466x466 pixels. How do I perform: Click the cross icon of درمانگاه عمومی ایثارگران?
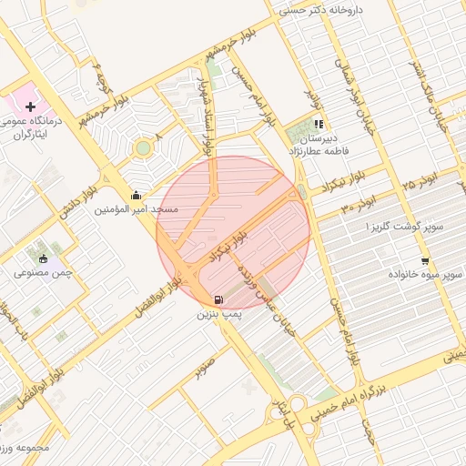tap(30, 107)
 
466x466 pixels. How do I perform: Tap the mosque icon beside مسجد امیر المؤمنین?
tap(137, 194)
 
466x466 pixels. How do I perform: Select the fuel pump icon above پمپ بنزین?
tap(218, 299)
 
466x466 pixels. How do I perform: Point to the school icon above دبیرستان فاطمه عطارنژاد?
tap(318, 124)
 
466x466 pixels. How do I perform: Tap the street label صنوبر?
tap(205, 361)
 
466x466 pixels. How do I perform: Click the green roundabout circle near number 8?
tap(142, 147)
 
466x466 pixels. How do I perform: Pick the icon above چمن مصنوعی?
tap(42, 258)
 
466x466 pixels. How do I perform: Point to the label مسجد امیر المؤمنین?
tap(137, 209)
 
